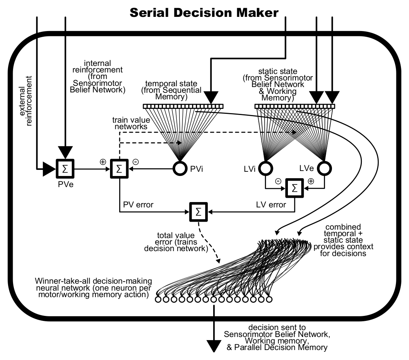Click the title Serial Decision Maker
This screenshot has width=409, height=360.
point(204,13)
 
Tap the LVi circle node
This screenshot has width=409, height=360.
point(265,168)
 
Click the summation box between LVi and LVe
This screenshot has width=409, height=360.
point(294,188)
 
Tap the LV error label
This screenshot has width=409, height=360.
point(271,205)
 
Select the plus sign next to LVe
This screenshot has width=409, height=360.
point(310,181)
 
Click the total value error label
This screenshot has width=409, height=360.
point(176,242)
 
